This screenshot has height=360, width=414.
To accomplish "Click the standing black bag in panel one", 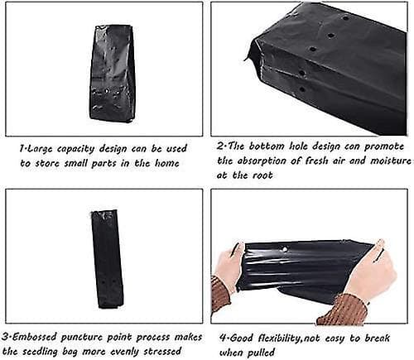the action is point(111,73).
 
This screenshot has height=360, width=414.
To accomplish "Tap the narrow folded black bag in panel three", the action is point(107,259).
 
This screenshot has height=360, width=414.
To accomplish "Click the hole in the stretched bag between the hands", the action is point(285,249).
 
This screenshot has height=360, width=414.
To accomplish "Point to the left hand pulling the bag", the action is point(231,262).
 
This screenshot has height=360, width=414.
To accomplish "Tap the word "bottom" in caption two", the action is point(267,146).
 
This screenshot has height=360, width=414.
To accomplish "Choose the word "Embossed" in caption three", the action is point(35,337).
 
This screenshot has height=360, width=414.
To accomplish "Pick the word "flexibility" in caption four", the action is point(278,338).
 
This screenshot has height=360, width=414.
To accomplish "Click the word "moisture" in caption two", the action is point(390,161).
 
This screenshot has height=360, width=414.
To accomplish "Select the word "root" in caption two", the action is point(263,175).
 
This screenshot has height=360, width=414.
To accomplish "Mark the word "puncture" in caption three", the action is point(81,338).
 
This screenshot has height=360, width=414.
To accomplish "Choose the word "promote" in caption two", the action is point(384,146).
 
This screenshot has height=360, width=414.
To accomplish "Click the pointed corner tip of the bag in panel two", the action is point(245,60).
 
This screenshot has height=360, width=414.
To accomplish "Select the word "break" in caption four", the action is point(378,338).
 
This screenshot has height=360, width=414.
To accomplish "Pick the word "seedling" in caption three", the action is point(40,353).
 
